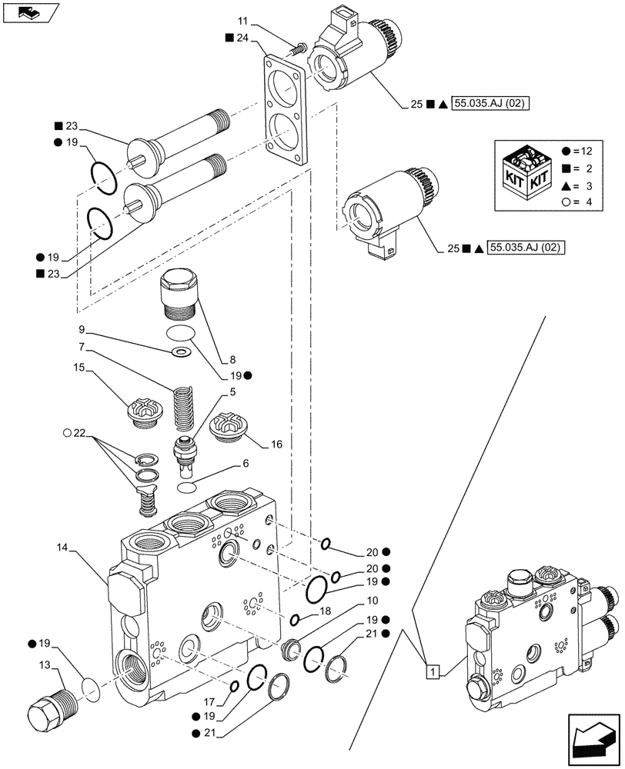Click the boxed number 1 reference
pyautogui.click(x=434, y=672)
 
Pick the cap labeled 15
pyautogui.click(x=145, y=408)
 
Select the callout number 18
pyautogui.click(x=326, y=610)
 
